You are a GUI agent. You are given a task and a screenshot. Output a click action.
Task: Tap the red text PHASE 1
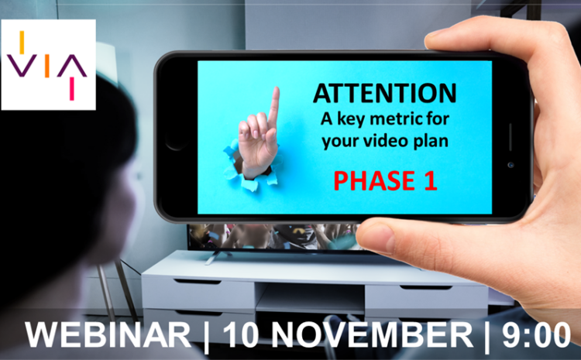click(x=385, y=181)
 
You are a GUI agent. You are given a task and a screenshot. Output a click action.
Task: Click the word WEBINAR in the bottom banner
click(x=108, y=335)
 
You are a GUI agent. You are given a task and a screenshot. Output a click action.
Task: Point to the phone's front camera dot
click(x=510, y=165)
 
